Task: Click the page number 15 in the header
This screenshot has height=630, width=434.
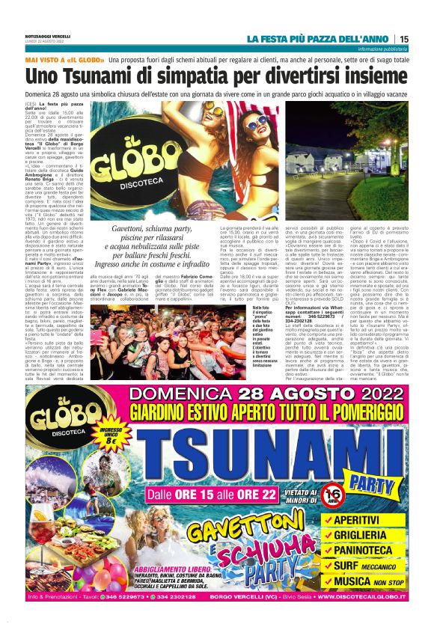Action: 404,39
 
